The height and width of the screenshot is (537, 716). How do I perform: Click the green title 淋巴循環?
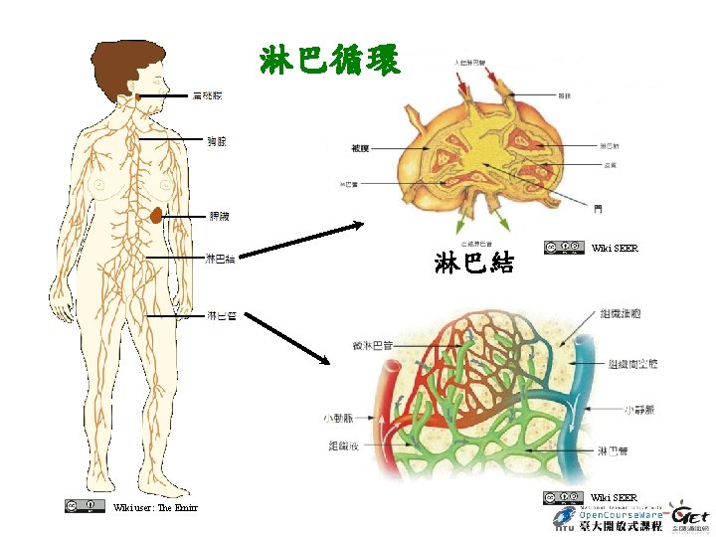[330, 61]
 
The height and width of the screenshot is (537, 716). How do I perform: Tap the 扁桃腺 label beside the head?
[208, 96]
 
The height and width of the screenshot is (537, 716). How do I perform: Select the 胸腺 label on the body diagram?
[216, 141]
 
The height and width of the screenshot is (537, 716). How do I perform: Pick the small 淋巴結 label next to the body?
[220, 260]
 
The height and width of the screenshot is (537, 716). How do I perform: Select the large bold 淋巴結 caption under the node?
[474, 263]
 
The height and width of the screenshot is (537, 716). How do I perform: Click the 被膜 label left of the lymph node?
[360, 149]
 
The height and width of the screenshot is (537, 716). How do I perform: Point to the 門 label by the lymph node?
[598, 209]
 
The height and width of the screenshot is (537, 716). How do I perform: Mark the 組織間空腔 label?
[632, 364]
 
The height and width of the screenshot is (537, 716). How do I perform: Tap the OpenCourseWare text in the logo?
[621, 514]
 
